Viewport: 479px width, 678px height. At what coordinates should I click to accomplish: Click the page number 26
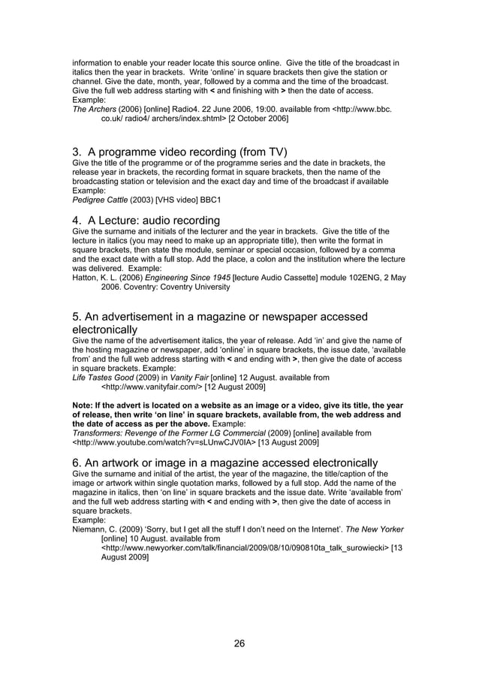pos(239,643)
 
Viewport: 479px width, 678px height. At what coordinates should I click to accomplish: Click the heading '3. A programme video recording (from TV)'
pos(179,152)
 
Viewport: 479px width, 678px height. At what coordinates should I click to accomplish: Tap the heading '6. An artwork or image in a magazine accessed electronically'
pos(224,462)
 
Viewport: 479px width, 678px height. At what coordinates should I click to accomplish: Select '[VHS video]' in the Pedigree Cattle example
pos(182,200)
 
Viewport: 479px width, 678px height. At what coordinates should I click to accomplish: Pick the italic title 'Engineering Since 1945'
pos(188,278)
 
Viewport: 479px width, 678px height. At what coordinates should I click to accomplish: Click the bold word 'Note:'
pos(83,405)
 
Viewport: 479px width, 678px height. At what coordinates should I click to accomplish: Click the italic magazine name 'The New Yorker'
pos(381,530)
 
